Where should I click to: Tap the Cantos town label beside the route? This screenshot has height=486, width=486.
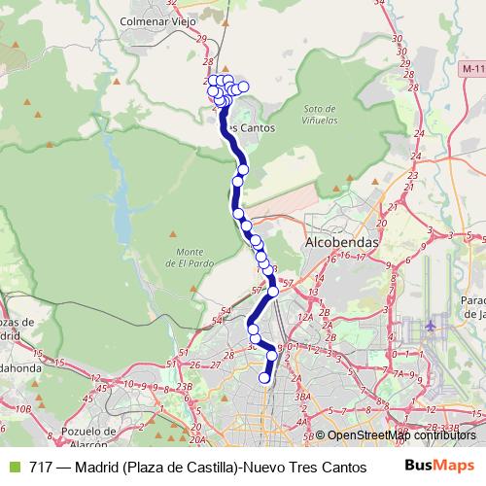252,127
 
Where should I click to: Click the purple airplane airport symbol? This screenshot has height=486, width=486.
431,327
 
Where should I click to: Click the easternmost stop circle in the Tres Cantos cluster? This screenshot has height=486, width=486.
243,87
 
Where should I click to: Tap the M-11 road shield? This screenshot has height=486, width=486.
472,69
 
